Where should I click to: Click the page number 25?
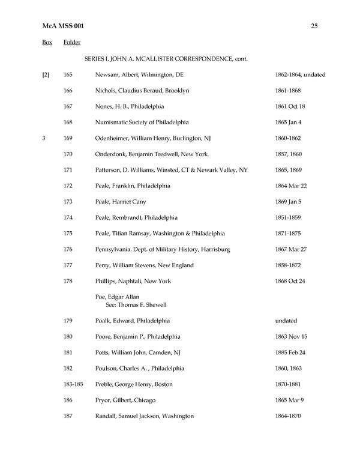(314, 25)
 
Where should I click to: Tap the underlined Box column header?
(47, 43)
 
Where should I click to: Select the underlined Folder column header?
(72, 43)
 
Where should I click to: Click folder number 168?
(68, 123)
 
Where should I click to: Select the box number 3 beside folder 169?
(44, 138)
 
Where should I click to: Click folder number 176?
(68, 249)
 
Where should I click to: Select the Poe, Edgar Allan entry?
(117, 297)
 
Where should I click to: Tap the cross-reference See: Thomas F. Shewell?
(137, 304)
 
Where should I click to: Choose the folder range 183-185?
(72, 384)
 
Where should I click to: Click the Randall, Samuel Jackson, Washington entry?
(144, 416)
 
